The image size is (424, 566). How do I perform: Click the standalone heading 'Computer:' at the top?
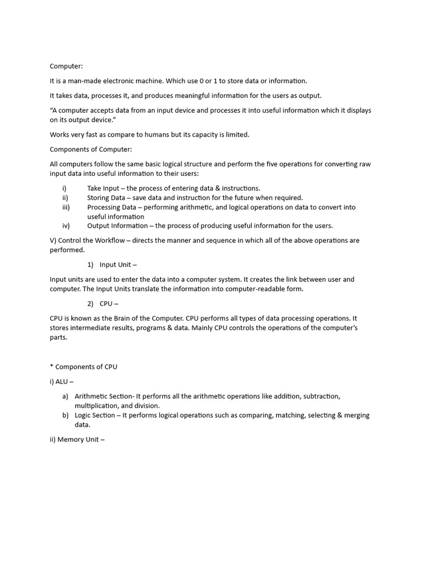click(x=66, y=66)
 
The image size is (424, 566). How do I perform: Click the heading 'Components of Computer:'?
click(x=91, y=149)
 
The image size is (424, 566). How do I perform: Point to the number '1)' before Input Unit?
click(x=91, y=265)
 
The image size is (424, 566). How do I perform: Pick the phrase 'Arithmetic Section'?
click(x=105, y=396)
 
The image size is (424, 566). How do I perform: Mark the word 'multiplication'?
click(x=96, y=406)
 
